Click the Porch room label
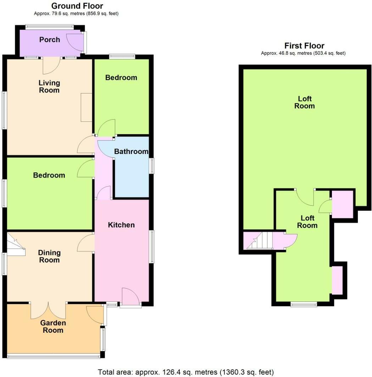50,40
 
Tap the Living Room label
49,86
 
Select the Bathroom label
131,152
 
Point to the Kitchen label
121,225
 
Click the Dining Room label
49,256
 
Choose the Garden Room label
53,326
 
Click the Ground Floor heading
77,6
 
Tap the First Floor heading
304,46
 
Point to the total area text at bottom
186,372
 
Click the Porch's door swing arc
75,41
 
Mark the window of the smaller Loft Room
304,304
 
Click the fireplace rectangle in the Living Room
87,107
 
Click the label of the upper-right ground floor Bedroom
121,78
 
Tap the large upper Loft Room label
304,102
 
